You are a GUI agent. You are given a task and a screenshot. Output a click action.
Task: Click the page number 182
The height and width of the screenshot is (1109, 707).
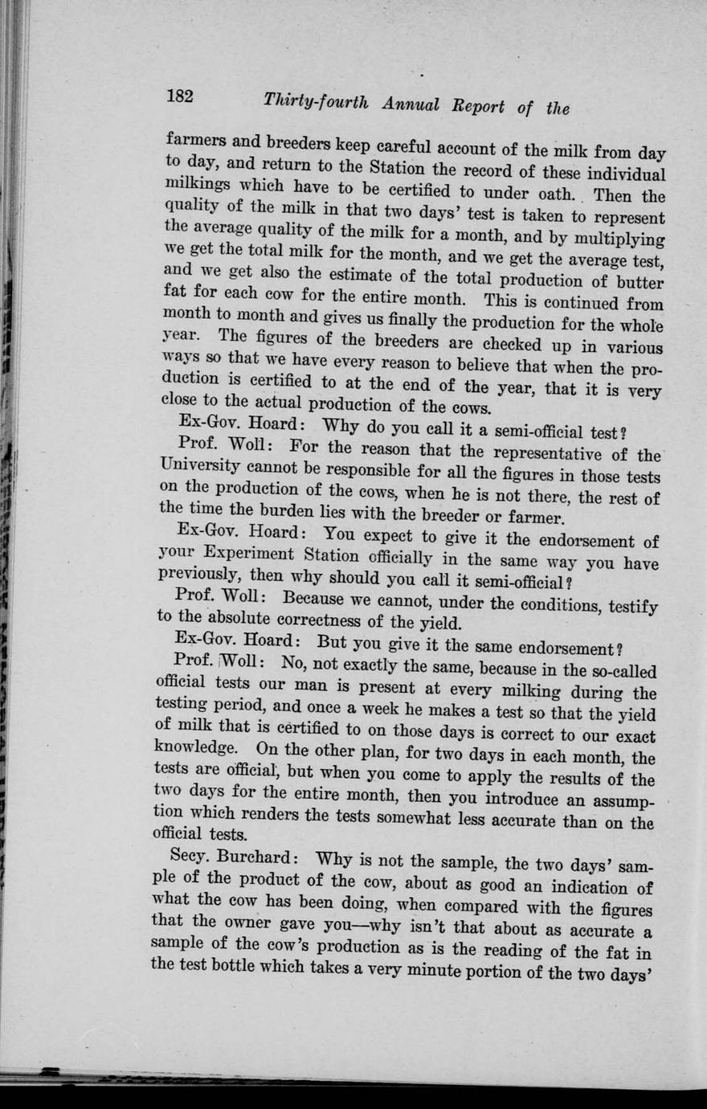click(180, 96)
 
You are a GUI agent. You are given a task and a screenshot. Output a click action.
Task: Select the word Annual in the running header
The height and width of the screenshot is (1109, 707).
click(411, 104)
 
